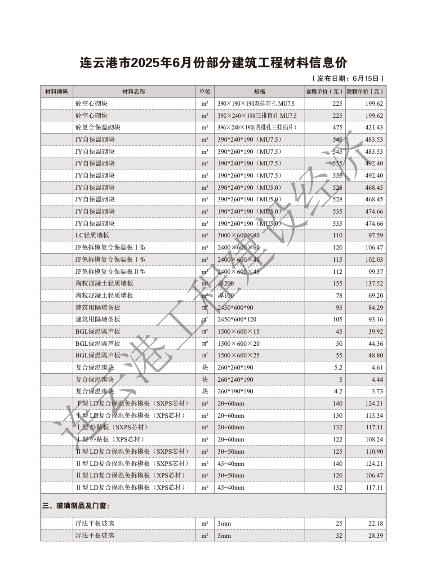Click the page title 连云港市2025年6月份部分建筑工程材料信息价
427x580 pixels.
[x=213, y=62]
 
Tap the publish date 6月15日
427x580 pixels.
[x=365, y=78]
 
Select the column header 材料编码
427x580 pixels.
[x=56, y=91]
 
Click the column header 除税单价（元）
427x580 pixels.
[x=365, y=91]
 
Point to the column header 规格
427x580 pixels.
[x=259, y=91]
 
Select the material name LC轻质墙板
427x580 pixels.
[x=92, y=235]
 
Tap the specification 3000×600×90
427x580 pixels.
[x=238, y=235]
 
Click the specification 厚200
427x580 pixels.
[x=226, y=283]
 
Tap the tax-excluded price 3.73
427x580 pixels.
[x=377, y=391]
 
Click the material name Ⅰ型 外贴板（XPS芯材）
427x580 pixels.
[x=111, y=439]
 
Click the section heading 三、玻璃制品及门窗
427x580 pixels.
[x=76, y=506]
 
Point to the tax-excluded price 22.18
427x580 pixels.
[x=376, y=523]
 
